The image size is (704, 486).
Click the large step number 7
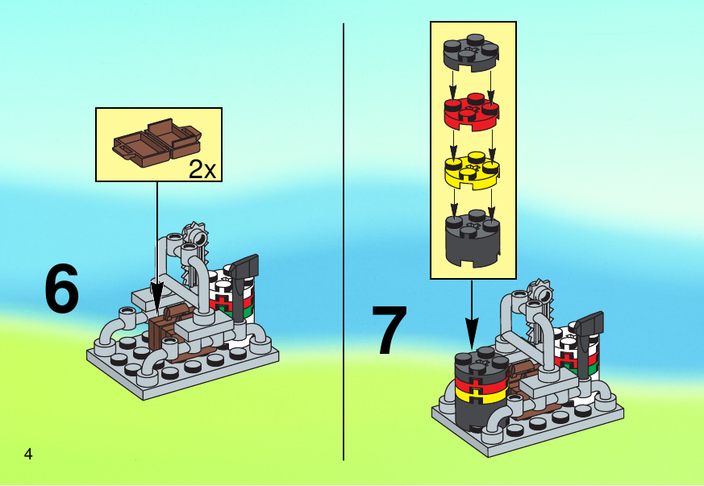389,330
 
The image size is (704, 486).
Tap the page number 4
28,454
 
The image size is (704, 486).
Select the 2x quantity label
202,169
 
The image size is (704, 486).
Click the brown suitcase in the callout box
156,143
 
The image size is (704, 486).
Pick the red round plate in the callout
472,112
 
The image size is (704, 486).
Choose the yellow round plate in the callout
472,171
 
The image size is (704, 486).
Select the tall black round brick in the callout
473,238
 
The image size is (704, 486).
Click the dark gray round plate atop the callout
471,52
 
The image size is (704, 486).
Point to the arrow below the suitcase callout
156,246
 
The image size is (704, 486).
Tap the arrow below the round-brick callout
472,314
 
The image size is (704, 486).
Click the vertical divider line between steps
344,242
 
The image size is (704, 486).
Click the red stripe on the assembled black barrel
481,384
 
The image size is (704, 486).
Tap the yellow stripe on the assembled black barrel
481,395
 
